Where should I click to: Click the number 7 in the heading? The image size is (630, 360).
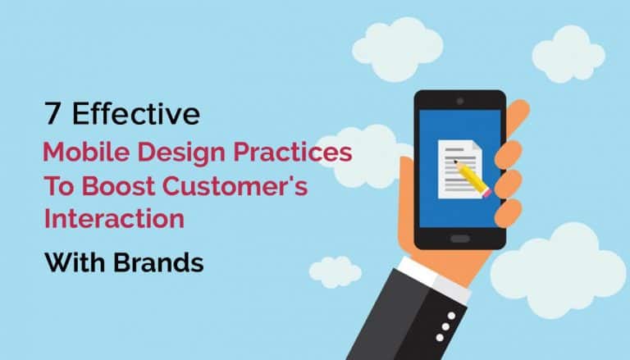52,115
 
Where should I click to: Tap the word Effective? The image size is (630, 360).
135,115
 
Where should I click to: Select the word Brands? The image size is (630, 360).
161,263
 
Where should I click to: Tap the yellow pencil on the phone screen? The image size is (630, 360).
471,174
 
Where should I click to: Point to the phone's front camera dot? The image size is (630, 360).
459,100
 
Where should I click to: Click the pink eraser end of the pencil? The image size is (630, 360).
486,193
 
